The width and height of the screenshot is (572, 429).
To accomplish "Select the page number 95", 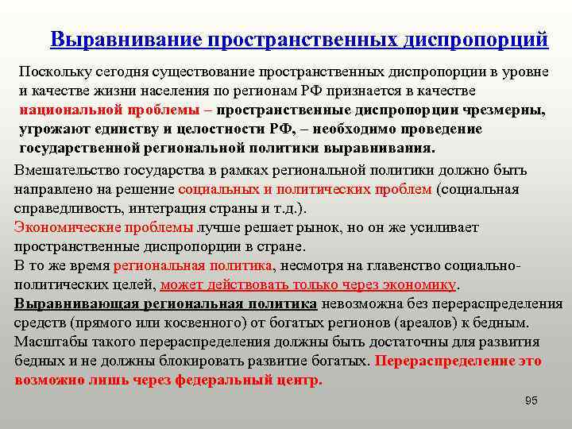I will pos(531,400).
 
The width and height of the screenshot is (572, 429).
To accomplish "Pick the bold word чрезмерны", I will pos(504,110).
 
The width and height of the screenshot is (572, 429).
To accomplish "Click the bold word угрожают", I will pos(49,129).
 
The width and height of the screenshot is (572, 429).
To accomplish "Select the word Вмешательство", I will pos(64,170).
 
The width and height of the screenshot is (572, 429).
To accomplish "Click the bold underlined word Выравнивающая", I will pos(73,303).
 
